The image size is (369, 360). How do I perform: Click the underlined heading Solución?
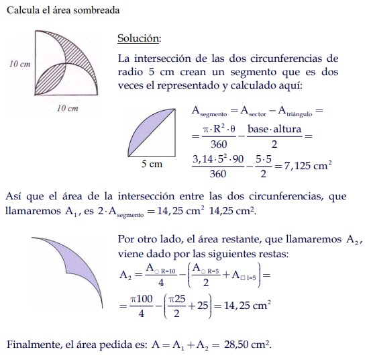pos(138,38)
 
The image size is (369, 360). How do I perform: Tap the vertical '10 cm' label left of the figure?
pos(20,64)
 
